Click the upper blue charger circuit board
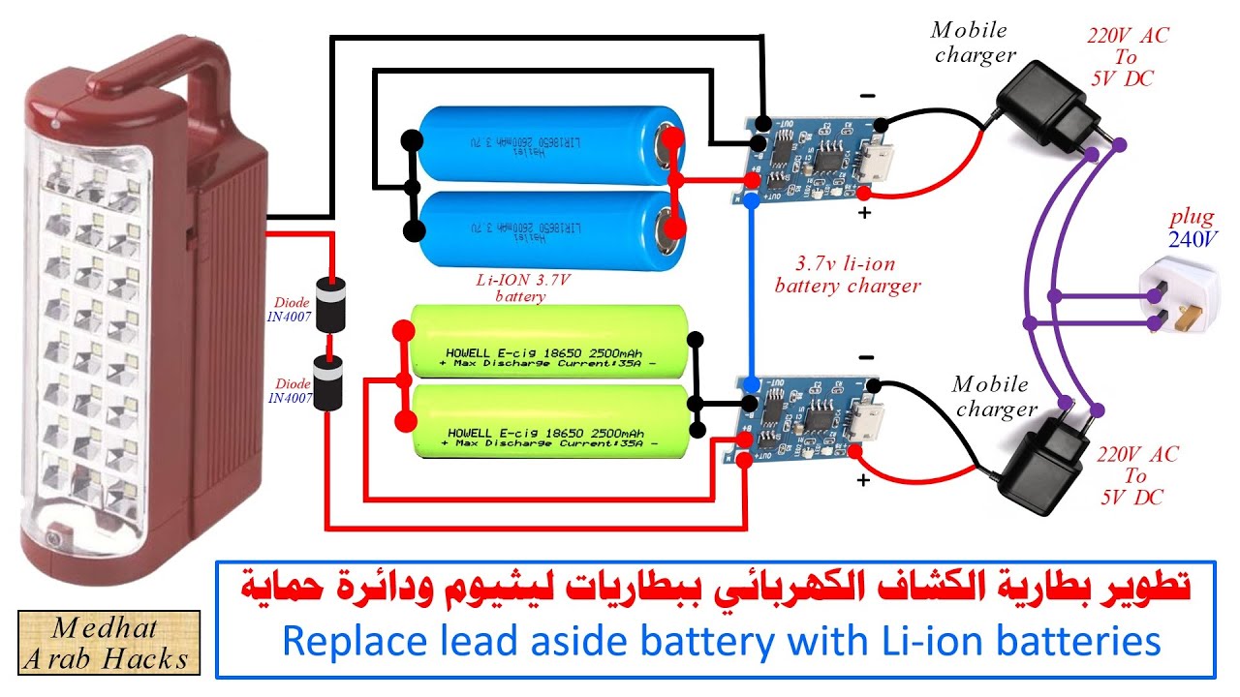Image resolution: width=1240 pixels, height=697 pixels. pos(814,155)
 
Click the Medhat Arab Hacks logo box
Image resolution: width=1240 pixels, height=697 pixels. pos(108,643)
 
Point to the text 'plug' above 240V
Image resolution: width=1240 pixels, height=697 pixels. pos(1191,217)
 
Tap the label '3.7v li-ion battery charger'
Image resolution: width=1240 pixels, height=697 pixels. pos(847,275)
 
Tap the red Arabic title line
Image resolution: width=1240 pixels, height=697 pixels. pos(716,588)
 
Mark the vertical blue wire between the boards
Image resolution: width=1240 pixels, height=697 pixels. pos(751,290)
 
